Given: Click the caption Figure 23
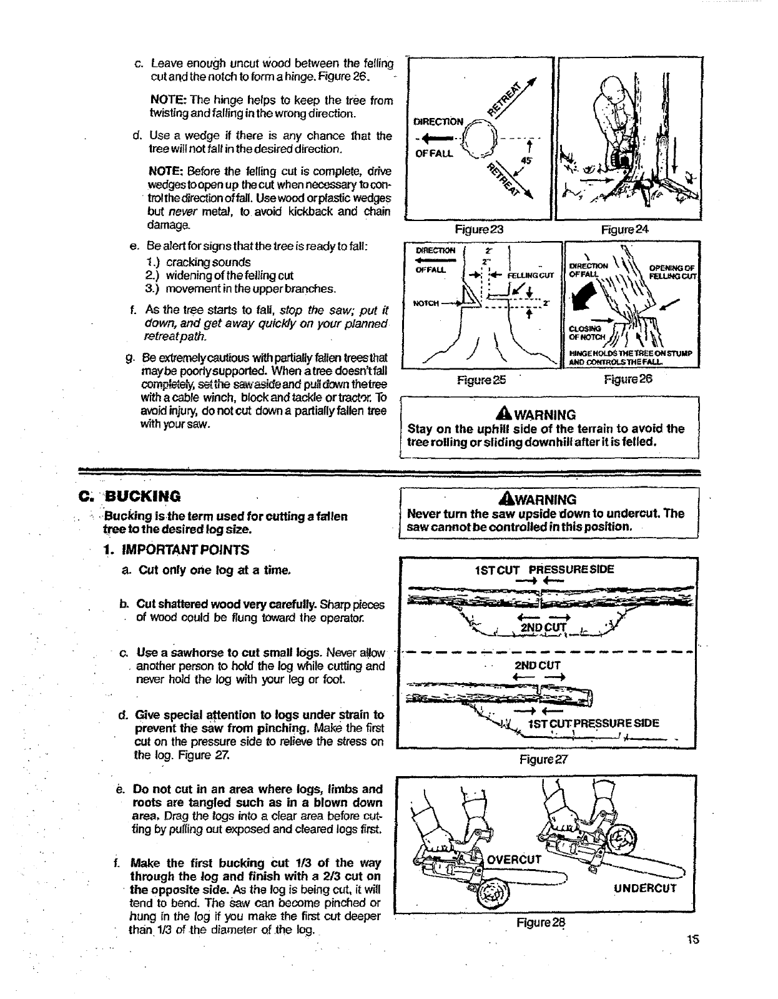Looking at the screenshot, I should [479, 230].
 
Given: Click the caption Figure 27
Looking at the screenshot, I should [544, 760].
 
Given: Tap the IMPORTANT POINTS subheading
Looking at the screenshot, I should [185, 550].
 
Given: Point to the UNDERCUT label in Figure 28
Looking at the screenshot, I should [644, 888].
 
